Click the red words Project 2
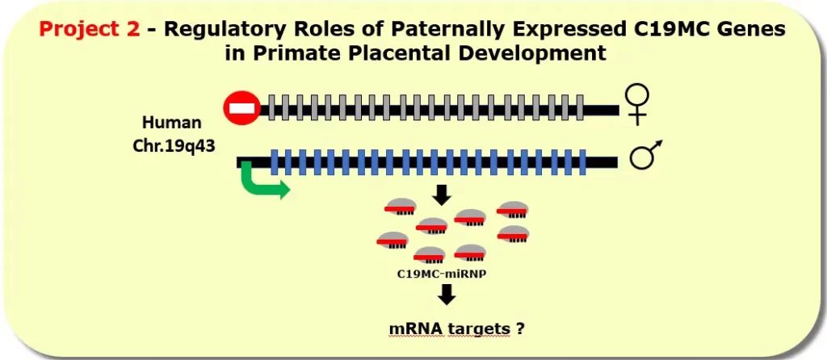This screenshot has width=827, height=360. [90, 31]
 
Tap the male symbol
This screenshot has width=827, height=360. [645, 155]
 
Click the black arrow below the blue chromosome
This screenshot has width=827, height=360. [442, 195]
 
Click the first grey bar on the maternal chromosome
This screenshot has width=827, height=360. [273, 108]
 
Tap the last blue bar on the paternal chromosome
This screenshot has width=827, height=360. [581, 162]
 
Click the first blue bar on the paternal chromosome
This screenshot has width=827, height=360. [276, 162]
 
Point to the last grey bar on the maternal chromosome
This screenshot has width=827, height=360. [580, 108]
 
